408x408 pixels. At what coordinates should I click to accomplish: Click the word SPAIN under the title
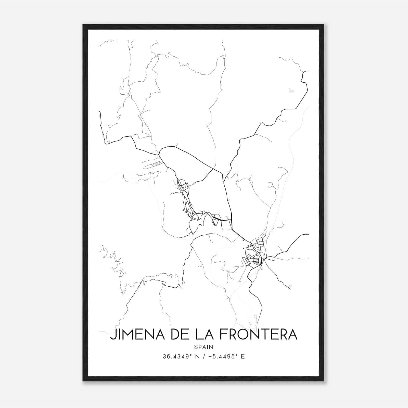pos(203,347)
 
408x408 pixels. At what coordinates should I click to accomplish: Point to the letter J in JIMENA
pos(113,335)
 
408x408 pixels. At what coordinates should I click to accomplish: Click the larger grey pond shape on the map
pos(291,90)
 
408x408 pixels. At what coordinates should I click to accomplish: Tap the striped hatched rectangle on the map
pos(157,163)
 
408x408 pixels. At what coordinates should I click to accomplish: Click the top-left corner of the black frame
pos(83,25)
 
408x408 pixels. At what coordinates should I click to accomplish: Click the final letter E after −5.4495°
pos(243,356)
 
